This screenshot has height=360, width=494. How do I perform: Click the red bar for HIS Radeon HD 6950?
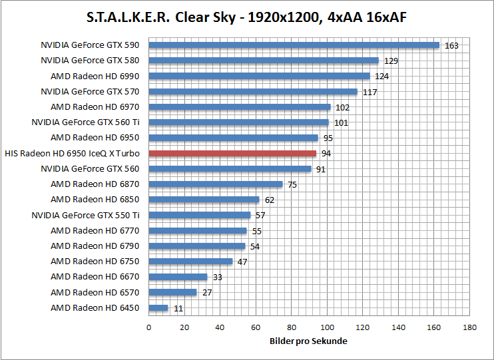[232, 153]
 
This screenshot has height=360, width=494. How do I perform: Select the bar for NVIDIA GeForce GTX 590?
[294, 45]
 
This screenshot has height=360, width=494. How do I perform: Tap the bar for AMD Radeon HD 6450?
[158, 308]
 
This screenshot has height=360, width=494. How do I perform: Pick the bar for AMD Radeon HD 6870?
[216, 184]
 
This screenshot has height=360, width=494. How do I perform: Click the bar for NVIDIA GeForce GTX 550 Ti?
[200, 215]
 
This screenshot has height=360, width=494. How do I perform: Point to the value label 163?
[451, 46]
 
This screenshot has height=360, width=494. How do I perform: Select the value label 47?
[242, 262]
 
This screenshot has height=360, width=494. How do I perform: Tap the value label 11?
[178, 309]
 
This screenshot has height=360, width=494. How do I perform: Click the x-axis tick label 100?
[327, 327]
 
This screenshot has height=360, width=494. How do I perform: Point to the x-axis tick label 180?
[470, 327]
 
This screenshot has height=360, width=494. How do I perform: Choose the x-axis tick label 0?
[148, 327]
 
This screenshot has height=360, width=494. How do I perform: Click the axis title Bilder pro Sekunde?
[309, 341]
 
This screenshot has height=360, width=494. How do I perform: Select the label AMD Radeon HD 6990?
[95, 76]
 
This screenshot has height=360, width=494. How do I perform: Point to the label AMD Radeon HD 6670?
[95, 277]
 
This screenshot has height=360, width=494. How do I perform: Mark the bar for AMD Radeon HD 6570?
[172, 292]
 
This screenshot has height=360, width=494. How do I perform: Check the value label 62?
[269, 200]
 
